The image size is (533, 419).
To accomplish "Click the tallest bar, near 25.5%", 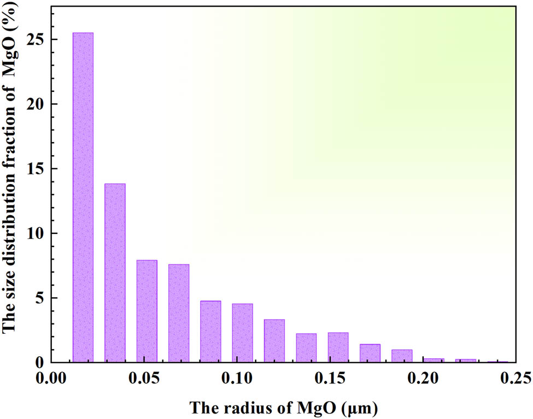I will tap(83, 197).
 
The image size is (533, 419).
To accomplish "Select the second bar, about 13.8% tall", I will tap(115, 273).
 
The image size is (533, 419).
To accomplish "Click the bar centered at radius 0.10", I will tap(242, 333).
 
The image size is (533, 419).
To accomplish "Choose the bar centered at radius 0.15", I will tap(338, 347).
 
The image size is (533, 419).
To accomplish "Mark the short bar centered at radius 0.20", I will tap(434, 360).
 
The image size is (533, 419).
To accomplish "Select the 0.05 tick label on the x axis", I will tap(144, 379).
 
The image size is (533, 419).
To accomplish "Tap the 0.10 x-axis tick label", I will tap(237, 379).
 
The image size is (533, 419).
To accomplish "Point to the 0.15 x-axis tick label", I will tap(330, 379).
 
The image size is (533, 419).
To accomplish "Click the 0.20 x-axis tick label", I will tap(423, 379).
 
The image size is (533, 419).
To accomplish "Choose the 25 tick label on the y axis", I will tap(37, 40).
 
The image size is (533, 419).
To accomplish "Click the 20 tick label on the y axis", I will tap(37, 104).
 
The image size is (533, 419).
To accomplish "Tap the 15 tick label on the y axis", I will tap(37, 169).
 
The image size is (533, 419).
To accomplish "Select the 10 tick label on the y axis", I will tap(37, 233).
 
